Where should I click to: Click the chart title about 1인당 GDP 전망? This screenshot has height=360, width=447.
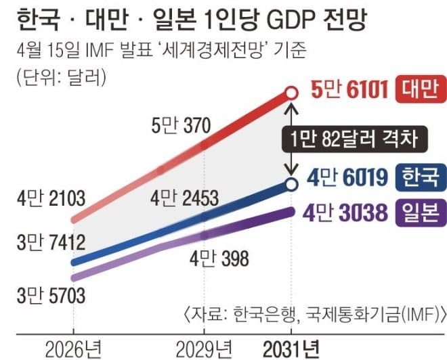[x=190, y=19]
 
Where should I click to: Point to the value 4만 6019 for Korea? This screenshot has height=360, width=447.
[x=347, y=179]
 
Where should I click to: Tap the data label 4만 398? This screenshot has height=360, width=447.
[x=219, y=258]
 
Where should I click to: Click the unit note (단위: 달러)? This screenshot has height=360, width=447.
[x=60, y=75]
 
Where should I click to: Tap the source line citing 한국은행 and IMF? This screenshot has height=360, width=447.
[x=314, y=314]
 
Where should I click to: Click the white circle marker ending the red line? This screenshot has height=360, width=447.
[x=291, y=91]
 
